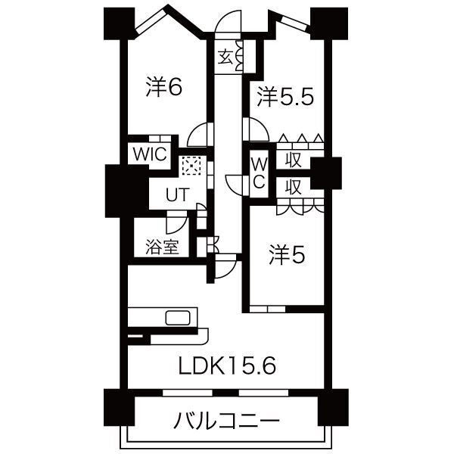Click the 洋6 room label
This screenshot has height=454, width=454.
click(x=164, y=88)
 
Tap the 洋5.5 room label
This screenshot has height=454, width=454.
click(x=284, y=96)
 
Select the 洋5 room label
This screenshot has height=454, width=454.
click(x=287, y=257)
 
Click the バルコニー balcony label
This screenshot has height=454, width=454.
click(x=226, y=420)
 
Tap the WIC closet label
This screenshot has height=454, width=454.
click(x=150, y=153)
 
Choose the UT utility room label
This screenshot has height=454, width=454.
click(x=177, y=194)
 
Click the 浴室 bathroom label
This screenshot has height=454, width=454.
click(x=162, y=246)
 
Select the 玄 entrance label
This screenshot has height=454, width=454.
click(x=225, y=57)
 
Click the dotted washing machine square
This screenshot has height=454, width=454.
click(x=191, y=166)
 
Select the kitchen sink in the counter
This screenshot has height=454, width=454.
click(x=179, y=317)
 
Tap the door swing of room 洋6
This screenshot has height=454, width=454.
click(x=197, y=135)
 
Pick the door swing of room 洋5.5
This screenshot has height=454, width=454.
click(x=250, y=129)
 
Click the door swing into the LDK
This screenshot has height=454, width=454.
click(x=225, y=266)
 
